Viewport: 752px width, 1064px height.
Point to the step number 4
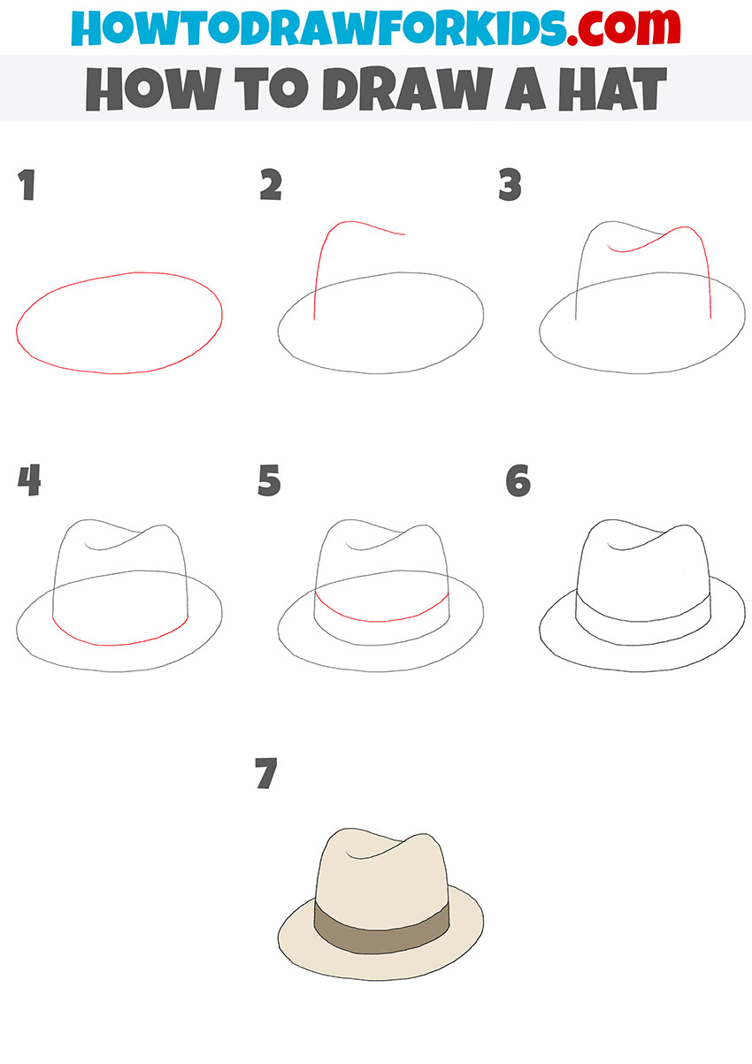pos(28,480)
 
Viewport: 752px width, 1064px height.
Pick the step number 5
pos(270,480)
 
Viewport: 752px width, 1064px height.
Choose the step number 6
pos(518,480)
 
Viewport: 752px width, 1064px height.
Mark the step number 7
pos(265,774)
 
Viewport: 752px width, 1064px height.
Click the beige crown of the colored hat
pos(380,876)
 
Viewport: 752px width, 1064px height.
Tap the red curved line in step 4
pos(119,643)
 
